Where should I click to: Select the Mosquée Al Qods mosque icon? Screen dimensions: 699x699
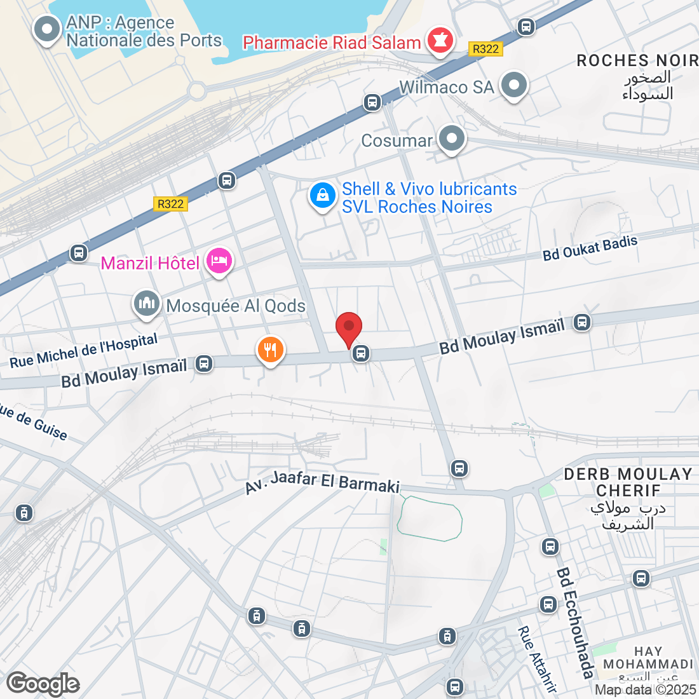point(147,304)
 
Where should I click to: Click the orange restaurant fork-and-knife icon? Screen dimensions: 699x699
point(270,349)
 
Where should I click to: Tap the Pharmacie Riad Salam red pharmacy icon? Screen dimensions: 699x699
point(439,41)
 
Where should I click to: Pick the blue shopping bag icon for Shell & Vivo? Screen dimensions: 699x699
point(322,196)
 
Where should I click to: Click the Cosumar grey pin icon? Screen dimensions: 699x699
point(452,139)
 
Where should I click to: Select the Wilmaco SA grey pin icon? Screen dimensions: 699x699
point(514,85)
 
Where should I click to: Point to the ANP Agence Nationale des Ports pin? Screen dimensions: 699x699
point(46,29)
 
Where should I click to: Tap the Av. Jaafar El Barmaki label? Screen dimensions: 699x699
point(323,482)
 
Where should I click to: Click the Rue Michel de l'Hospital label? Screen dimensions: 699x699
point(84,351)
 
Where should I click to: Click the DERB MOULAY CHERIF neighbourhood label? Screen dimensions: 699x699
point(628,482)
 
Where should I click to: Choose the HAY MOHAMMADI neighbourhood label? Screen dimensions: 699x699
point(648,658)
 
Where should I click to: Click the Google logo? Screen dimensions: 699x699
point(43,684)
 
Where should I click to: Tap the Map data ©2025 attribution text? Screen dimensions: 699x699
point(646,689)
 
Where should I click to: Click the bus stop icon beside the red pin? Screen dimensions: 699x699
point(361,353)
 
